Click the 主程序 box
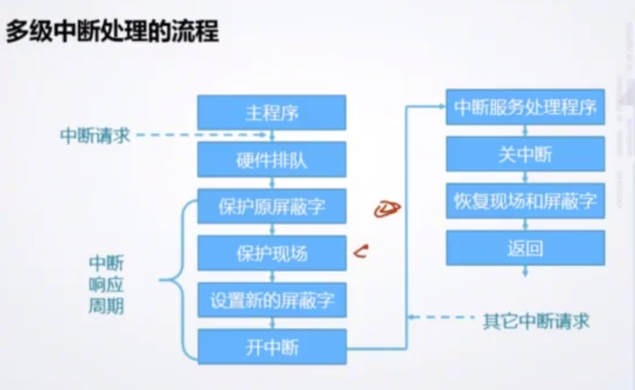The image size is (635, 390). click(272, 113)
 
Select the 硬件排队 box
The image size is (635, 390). click(272, 160)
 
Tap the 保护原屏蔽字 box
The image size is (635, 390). click(272, 206)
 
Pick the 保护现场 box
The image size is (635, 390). click(272, 253)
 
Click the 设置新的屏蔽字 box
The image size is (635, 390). click(272, 300)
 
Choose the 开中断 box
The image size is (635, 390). click(272, 347)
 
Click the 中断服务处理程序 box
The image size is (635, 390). click(525, 107)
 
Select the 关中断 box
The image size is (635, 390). click(525, 154)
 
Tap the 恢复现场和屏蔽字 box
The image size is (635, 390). click(525, 201)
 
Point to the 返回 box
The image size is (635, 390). click(525, 248)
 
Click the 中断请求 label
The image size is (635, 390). click(95, 136)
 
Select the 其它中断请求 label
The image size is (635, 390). click(536, 321)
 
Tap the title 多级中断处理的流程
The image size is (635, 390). click(112, 32)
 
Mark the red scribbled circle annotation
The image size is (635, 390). click(387, 210)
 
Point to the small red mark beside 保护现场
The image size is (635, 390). click(362, 251)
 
